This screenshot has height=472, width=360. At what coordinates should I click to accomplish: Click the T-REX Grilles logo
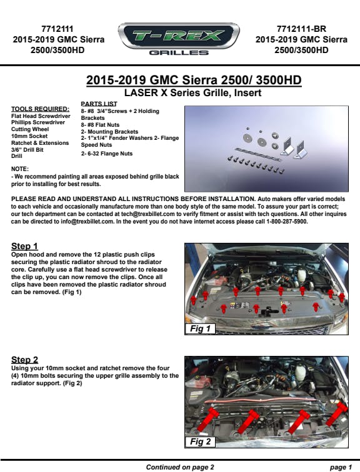[179, 39]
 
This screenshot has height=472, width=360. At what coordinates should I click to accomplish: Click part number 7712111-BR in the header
[301, 29]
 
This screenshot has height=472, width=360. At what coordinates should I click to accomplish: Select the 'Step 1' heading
[24, 246]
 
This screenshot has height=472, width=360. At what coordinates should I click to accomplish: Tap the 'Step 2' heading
[25, 360]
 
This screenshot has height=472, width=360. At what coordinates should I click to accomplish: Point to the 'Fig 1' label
[200, 328]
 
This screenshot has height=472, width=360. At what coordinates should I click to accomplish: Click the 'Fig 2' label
[200, 441]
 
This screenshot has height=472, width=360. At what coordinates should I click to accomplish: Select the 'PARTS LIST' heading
[99, 104]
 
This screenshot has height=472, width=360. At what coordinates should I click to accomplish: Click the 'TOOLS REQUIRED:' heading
[41, 109]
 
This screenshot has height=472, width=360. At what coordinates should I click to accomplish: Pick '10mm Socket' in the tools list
[29, 136]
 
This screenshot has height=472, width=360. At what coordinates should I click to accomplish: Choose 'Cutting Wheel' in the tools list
[30, 129]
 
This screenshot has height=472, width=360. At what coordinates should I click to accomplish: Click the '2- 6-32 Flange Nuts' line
[107, 154]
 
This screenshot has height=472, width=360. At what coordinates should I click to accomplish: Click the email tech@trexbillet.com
[148, 214]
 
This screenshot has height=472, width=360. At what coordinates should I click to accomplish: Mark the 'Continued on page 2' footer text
[180, 467]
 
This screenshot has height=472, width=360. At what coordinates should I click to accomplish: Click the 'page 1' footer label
[341, 467]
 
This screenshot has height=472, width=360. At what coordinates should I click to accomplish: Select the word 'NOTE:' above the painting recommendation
[20, 169]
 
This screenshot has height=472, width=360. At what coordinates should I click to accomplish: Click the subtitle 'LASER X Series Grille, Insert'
[192, 92]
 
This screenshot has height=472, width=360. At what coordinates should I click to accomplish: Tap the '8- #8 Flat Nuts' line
[100, 125]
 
